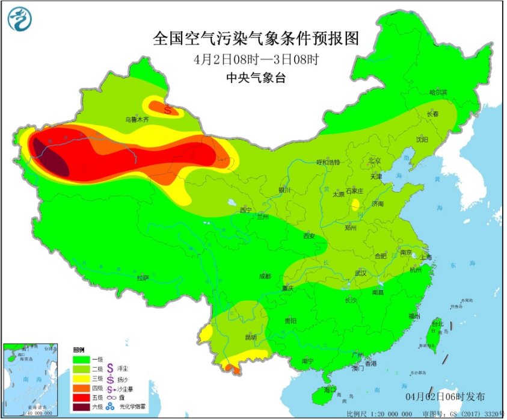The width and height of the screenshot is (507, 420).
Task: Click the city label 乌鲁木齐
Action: (x=137, y=120)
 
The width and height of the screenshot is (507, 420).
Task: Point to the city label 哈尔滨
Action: (x=438, y=92)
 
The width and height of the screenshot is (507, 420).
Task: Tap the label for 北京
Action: (x=374, y=161)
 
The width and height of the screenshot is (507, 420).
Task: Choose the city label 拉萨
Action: (x=142, y=277)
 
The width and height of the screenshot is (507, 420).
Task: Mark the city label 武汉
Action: (x=361, y=273)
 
